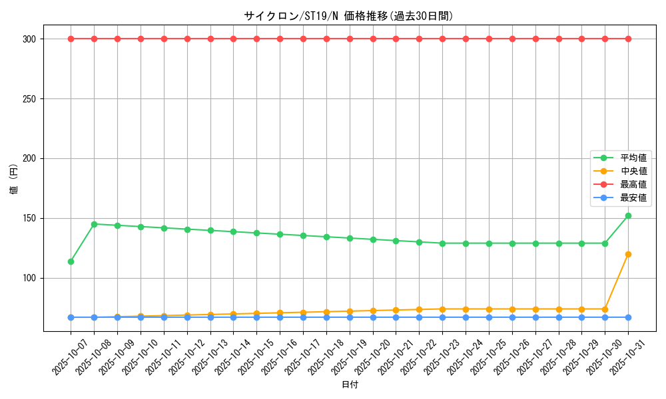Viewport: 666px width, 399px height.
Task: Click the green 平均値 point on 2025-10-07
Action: pyautogui.click(x=71, y=261)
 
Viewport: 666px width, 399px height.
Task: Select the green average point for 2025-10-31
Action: pyautogui.click(x=628, y=215)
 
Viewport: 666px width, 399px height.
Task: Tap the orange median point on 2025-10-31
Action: pyautogui.click(x=628, y=254)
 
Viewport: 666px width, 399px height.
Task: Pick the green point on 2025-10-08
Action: pyautogui.click(x=94, y=224)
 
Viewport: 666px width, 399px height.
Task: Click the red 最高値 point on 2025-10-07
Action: pyautogui.click(x=71, y=39)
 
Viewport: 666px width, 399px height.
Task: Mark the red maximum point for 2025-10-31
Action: pyautogui.click(x=628, y=39)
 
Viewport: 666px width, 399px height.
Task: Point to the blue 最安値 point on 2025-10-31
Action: pyautogui.click(x=628, y=317)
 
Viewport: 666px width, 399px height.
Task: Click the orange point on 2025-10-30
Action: pyautogui.click(x=605, y=309)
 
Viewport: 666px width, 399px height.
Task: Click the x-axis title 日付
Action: pyautogui.click(x=350, y=385)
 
